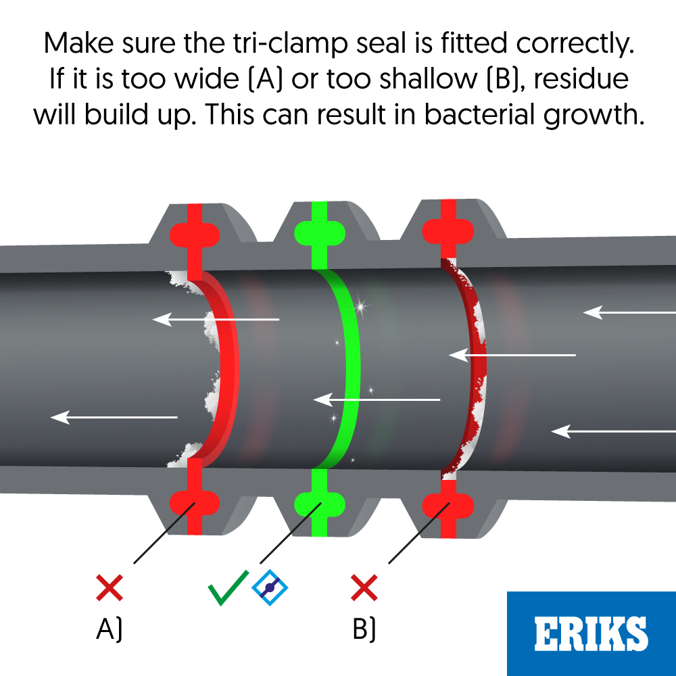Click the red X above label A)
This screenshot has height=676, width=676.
pos(110,587)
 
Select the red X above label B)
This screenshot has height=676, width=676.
pos(364,587)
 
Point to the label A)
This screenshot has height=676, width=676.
pos(110,629)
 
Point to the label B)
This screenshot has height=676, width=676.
pos(364,629)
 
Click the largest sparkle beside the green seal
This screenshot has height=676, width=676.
pos(360,308)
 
